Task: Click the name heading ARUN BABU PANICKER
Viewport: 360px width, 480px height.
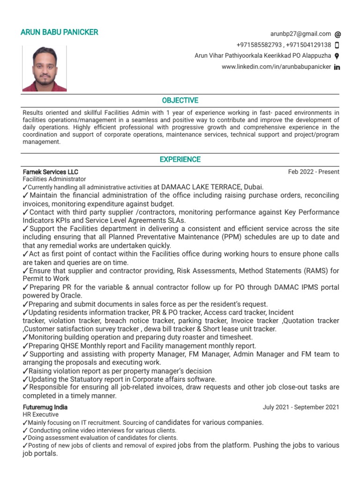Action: click(x=60, y=32)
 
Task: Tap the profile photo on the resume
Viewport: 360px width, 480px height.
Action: click(x=45, y=68)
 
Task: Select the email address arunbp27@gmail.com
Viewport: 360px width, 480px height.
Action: click(x=300, y=34)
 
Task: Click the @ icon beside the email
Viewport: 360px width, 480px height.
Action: click(x=338, y=34)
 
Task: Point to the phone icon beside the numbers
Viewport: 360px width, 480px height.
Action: click(x=337, y=45)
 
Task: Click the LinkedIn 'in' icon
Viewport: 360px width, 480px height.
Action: click(x=337, y=67)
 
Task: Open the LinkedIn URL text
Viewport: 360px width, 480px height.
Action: click(x=276, y=67)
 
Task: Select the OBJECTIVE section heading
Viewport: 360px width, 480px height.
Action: click(x=180, y=100)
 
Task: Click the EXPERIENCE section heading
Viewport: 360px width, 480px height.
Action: click(x=180, y=159)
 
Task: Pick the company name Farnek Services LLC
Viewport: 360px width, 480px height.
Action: click(x=51, y=172)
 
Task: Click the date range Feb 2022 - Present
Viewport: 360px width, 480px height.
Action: click(x=314, y=172)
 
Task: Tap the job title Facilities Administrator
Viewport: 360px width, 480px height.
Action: click(x=54, y=179)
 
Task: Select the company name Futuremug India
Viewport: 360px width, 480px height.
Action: click(x=46, y=407)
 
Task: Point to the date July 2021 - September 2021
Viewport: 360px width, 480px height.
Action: click(x=301, y=407)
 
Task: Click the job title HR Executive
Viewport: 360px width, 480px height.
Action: click(x=41, y=415)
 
